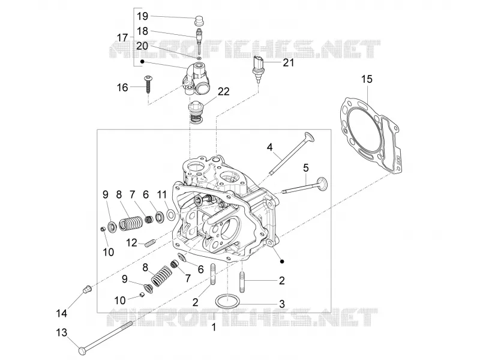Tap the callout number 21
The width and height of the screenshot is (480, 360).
coord(288,62)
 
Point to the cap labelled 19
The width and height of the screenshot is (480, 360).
coord(199,22)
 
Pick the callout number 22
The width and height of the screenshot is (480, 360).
coord(223,92)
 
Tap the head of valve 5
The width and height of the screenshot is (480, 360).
coord(322,184)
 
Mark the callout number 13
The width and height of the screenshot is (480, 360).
coord(62,332)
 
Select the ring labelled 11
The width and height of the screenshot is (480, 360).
coord(171,215)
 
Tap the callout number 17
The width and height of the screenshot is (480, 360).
coord(122,38)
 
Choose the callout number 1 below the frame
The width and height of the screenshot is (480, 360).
coord(214,327)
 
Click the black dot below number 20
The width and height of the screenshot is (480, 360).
coord(142,62)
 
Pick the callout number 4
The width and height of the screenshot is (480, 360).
coord(269,147)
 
